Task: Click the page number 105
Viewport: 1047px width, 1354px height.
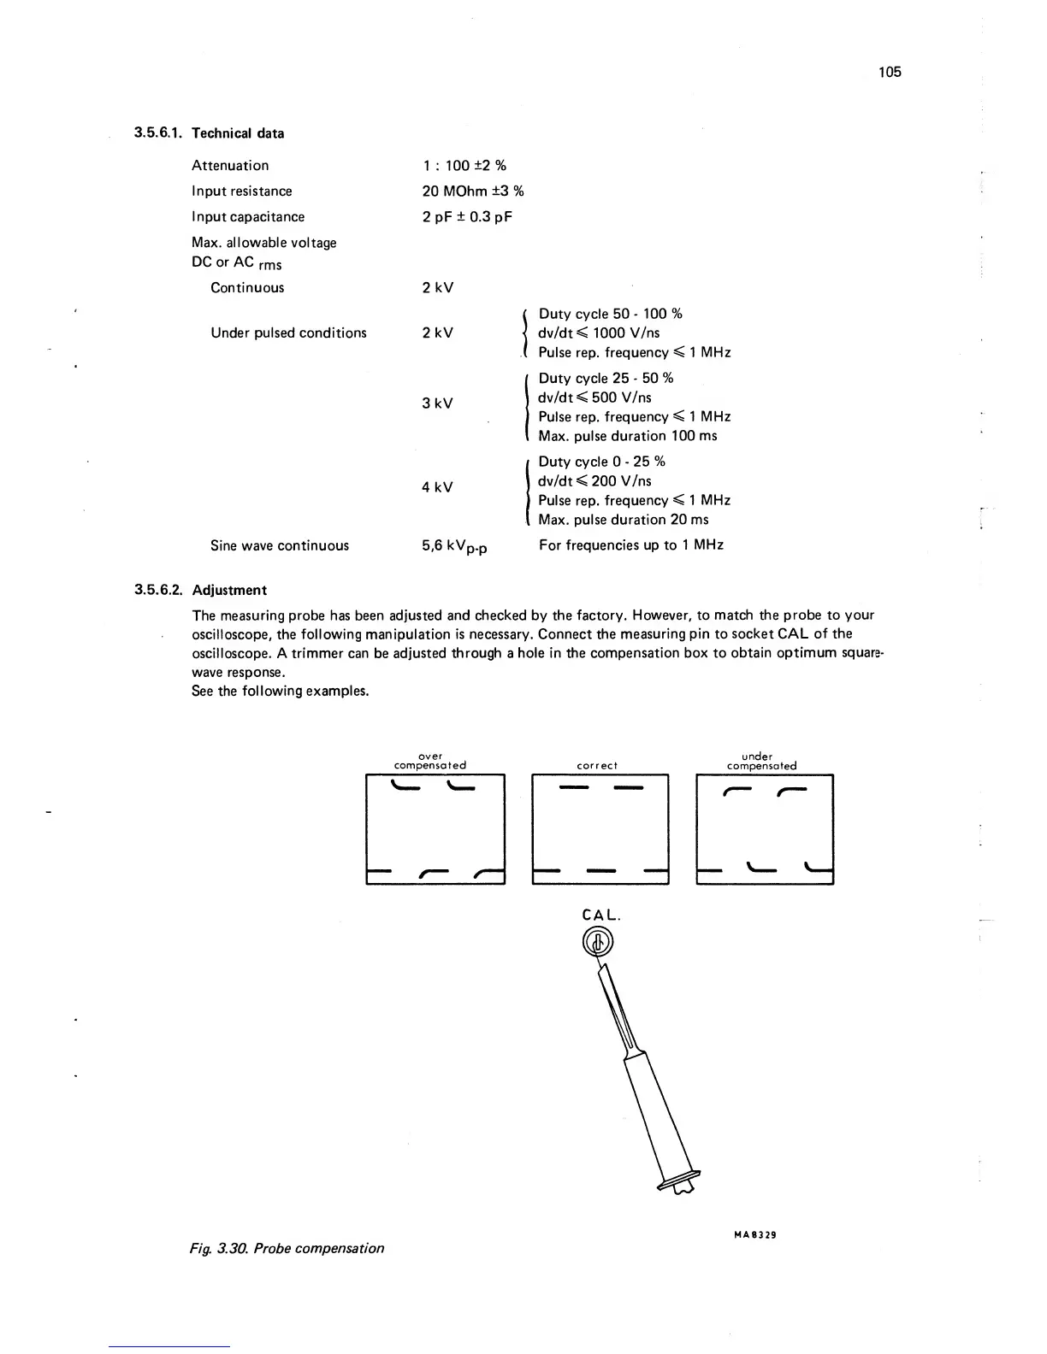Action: coord(890,72)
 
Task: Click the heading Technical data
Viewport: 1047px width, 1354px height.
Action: coord(238,133)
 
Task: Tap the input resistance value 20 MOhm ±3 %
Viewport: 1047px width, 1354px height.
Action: coord(472,191)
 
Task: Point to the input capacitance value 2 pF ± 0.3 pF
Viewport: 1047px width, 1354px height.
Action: coord(466,217)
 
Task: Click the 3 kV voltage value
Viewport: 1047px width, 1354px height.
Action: coord(437,403)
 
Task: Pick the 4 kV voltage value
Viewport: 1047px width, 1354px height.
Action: coord(437,487)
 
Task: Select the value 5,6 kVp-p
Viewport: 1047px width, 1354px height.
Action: coord(454,546)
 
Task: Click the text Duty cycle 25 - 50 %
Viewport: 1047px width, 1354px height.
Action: coord(606,379)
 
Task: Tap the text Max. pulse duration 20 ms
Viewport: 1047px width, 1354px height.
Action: coord(624,520)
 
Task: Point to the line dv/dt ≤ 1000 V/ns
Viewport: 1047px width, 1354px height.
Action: coord(599,333)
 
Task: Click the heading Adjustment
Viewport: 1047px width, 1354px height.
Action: coord(229,591)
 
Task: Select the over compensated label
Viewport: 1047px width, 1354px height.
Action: coord(430,761)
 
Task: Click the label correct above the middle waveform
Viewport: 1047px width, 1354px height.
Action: coord(597,766)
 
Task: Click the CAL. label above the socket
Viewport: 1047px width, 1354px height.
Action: coord(600,915)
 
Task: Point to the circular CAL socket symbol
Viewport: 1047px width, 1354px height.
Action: coord(599,943)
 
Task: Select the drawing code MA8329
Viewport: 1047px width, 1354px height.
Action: coord(754,1234)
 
